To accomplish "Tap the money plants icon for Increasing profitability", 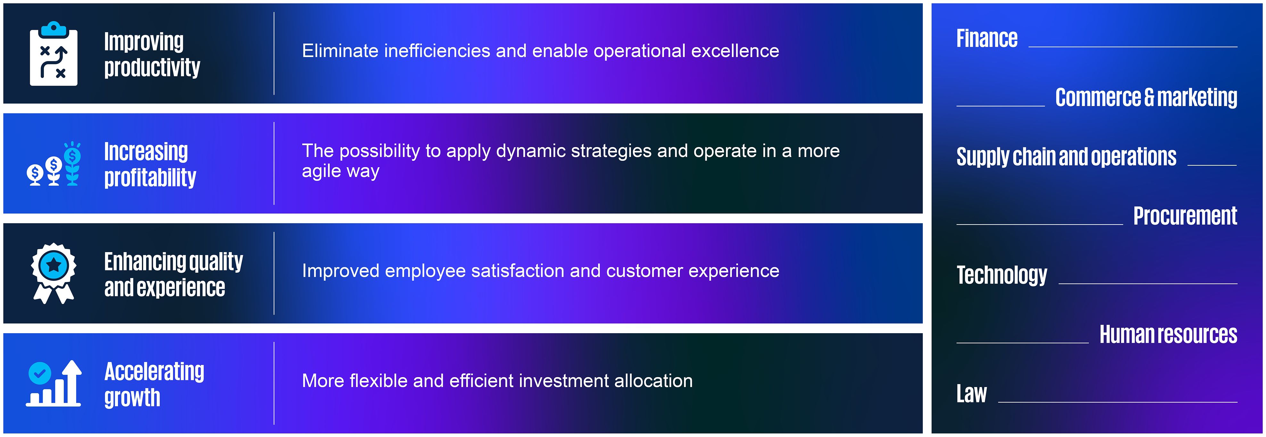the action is point(54,164).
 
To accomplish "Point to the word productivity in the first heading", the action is point(152,67).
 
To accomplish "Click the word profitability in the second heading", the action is point(150,177).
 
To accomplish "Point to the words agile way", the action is point(341,171).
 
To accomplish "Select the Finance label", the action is point(987,38).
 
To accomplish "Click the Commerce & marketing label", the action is point(1146,97).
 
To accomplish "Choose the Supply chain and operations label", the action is point(1066,157).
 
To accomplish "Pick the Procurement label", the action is point(1185,216).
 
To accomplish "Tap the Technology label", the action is point(1002,275).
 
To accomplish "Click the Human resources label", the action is point(1168,334).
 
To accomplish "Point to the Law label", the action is point(972,393).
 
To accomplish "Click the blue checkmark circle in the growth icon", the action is point(39,373).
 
